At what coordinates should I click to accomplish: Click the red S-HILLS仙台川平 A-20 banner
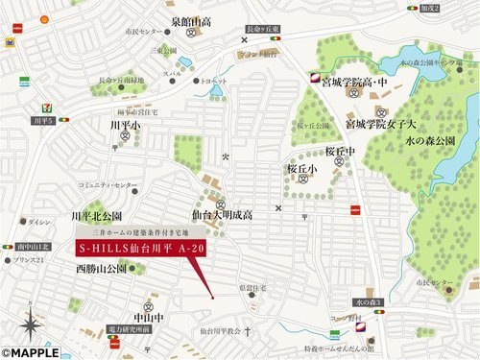pos(139,249)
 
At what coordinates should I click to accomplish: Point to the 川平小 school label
pos(125,126)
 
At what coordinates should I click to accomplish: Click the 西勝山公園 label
pos(101,269)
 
